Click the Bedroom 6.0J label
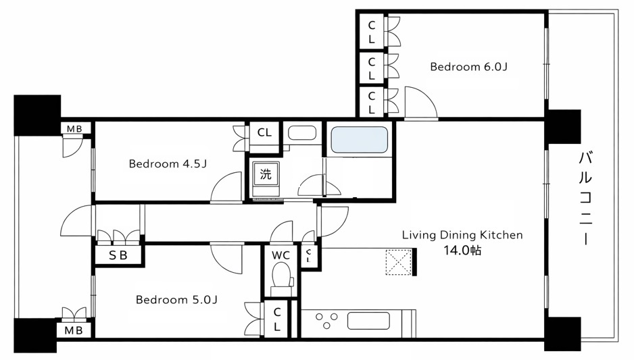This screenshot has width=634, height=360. pos(468,66)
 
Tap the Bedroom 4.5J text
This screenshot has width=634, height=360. pos(168,163)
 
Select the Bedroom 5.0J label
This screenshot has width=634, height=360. pos(176,299)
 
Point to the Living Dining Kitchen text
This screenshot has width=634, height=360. pos(462,235)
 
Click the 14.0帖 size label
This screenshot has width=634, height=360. pos(462,251)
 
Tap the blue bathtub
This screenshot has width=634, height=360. pos(359,139)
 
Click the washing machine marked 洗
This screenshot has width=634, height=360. pos(266,178)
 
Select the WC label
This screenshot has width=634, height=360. pos(281,255)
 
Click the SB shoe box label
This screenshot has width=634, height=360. pos(118,255)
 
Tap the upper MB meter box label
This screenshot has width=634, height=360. pos(74,129)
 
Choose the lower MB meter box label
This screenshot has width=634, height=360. pos(74,330)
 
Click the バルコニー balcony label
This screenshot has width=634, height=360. pos(586,198)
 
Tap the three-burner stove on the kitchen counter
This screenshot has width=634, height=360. pos(326,321)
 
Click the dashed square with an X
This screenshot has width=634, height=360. pos(399,263)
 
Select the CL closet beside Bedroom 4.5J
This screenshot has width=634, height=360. pos(264,132)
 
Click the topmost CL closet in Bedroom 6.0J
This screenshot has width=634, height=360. pos(372,32)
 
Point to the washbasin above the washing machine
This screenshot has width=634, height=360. pos(301,133)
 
